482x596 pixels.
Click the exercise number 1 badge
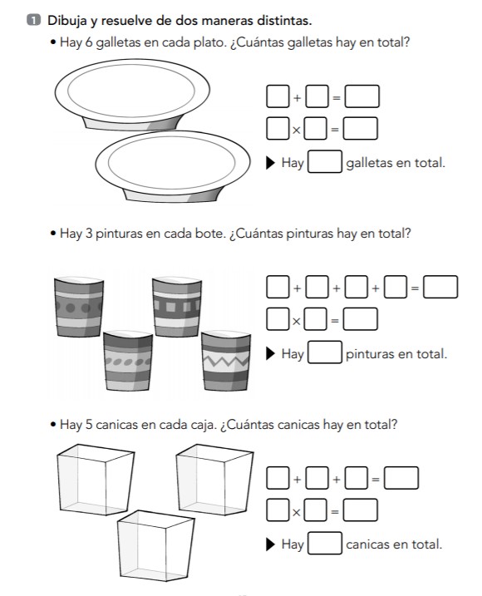pyautogui.click(x=33, y=20)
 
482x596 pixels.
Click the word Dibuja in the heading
pyautogui.click(x=67, y=21)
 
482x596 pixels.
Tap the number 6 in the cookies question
pyautogui.click(x=89, y=42)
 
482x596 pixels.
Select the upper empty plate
pyautogui.click(x=132, y=95)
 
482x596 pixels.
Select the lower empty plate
pyautogui.click(x=173, y=166)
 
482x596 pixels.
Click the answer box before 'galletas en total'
pyautogui.click(x=325, y=161)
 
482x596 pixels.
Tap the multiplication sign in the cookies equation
pyautogui.click(x=297, y=131)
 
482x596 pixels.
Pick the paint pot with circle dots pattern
pyautogui.click(x=79, y=307)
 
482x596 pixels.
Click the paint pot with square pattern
pyautogui.click(x=177, y=307)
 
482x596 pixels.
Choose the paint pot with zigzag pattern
pyautogui.click(x=226, y=361)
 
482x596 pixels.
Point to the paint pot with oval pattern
pyautogui.click(x=128, y=361)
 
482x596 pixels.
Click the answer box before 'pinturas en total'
pyautogui.click(x=325, y=352)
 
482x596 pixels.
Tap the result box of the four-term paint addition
pyautogui.click(x=440, y=287)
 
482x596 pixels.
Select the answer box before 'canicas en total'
pyautogui.click(x=325, y=543)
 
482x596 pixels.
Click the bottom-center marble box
pyautogui.click(x=155, y=546)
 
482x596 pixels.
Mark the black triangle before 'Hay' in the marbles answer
pyautogui.click(x=270, y=544)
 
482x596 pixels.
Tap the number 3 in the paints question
pyautogui.click(x=89, y=233)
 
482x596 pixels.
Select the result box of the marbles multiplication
pyautogui.click(x=361, y=510)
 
